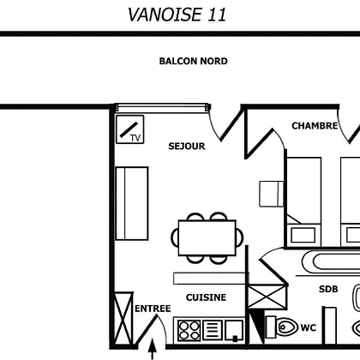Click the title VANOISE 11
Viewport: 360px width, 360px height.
click(x=177, y=15)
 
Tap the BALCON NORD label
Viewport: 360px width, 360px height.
click(x=193, y=61)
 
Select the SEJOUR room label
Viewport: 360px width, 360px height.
click(x=187, y=147)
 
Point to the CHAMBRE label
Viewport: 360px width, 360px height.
click(x=315, y=126)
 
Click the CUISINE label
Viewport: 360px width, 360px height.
click(x=206, y=297)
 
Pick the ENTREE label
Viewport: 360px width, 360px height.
click(x=153, y=309)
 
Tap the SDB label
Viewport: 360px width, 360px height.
click(x=328, y=289)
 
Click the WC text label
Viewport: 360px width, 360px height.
click(x=309, y=327)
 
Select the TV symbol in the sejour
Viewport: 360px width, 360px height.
click(x=130, y=129)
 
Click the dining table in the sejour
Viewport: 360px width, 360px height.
click(x=207, y=237)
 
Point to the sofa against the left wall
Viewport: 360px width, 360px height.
click(x=132, y=203)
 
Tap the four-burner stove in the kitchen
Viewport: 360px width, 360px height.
click(x=189, y=331)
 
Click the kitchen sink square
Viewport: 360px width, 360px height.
click(x=234, y=331)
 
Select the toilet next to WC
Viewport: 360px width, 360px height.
click(x=282, y=327)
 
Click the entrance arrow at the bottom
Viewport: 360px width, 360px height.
click(x=153, y=349)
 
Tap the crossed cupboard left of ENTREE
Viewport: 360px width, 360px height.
click(x=123, y=319)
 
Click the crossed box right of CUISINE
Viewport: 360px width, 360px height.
click(x=267, y=297)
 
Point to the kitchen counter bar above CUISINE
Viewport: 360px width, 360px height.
click(x=210, y=279)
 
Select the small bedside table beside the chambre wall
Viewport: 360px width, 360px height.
click(x=271, y=194)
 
